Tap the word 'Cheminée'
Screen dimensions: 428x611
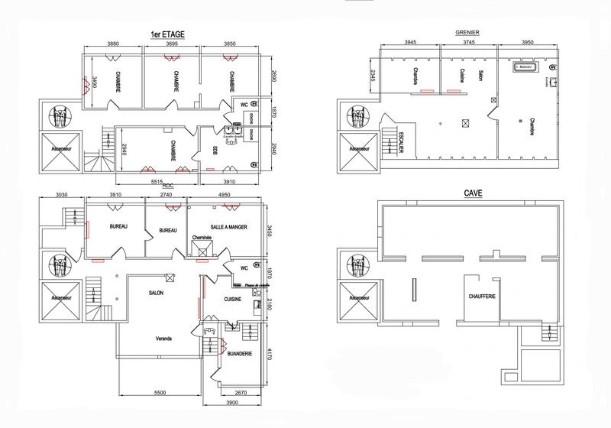tap(201, 238)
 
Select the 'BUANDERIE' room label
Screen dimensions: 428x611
tap(231, 353)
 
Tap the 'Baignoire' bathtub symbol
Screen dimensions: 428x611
tap(525, 68)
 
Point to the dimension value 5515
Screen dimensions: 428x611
tap(157, 183)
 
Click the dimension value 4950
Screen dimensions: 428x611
tap(225, 196)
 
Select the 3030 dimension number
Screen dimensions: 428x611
tap(61, 196)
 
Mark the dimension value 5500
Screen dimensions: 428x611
tap(160, 392)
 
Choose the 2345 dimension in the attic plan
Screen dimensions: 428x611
tap(372, 76)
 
